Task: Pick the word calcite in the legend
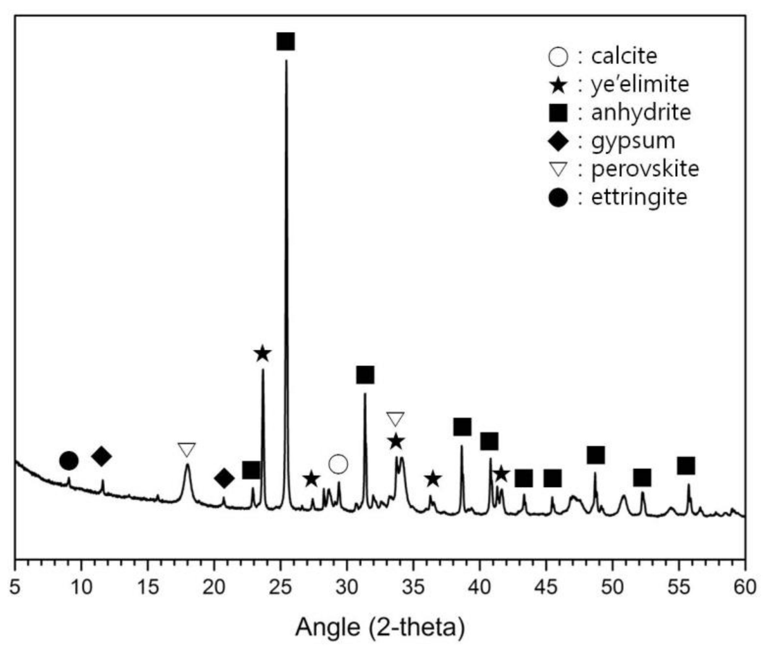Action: [624, 56]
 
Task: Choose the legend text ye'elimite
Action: [640, 85]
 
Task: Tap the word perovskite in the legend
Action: [645, 169]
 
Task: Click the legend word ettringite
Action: [639, 197]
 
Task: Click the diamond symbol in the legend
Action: [558, 141]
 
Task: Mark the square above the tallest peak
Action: [286, 41]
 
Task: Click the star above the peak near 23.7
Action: [262, 354]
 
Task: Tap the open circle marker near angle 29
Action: [338, 464]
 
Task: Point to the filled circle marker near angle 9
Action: [69, 461]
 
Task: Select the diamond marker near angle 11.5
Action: [102, 456]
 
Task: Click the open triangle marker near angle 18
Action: [186, 449]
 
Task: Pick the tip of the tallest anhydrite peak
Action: [286, 61]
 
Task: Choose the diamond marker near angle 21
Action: [224, 479]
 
